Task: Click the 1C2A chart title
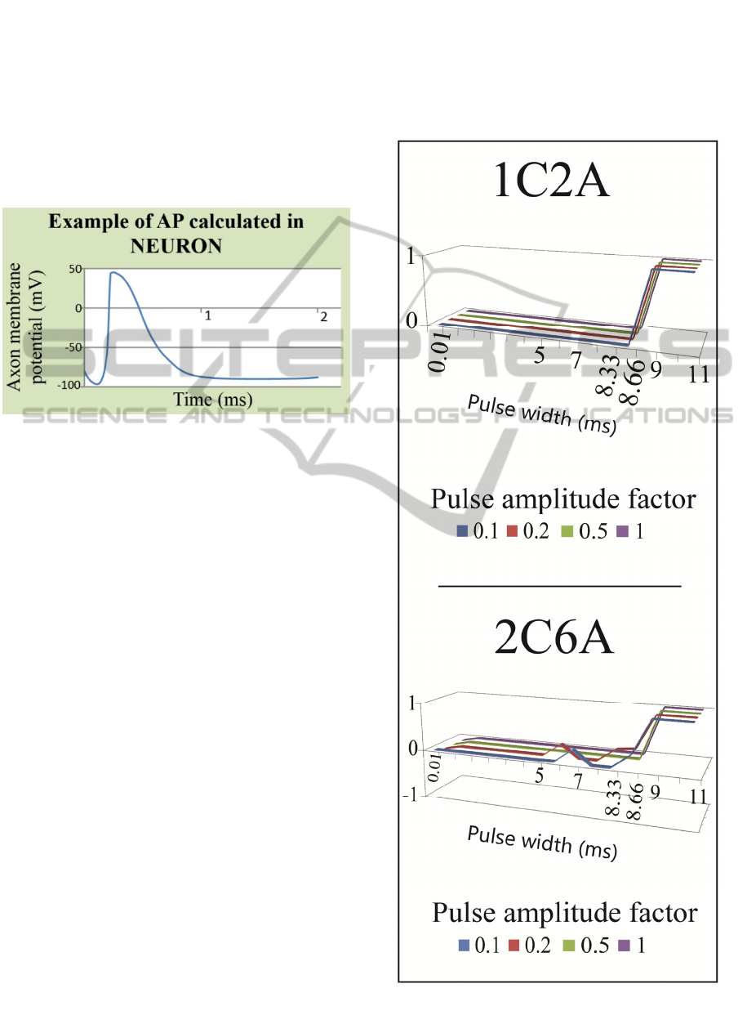point(551,181)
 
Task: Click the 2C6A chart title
point(554,637)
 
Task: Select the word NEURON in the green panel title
point(176,246)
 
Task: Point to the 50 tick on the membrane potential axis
point(75,269)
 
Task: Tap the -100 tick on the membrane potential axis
point(69,385)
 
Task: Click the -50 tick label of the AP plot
point(73,347)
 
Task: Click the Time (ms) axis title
point(213,400)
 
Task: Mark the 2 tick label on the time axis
point(324,316)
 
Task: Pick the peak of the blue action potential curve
point(113,272)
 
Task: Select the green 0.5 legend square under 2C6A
point(568,945)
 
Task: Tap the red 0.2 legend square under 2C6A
point(514,945)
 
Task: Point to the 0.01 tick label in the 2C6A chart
point(435,768)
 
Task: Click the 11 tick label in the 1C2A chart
point(699,375)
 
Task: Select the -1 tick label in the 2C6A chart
point(410,795)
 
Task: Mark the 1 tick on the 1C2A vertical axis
point(411,257)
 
